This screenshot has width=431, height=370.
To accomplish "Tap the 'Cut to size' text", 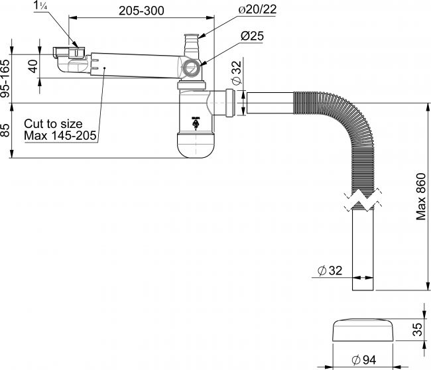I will pyautogui.click(x=53, y=124).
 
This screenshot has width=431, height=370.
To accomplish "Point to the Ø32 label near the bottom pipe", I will pyautogui.click(x=330, y=270).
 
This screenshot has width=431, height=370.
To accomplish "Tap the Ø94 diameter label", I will pyautogui.click(x=365, y=360).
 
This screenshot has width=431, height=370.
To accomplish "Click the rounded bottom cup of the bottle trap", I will pyautogui.click(x=195, y=146).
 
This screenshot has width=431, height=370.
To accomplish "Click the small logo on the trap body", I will pyautogui.click(x=195, y=122).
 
